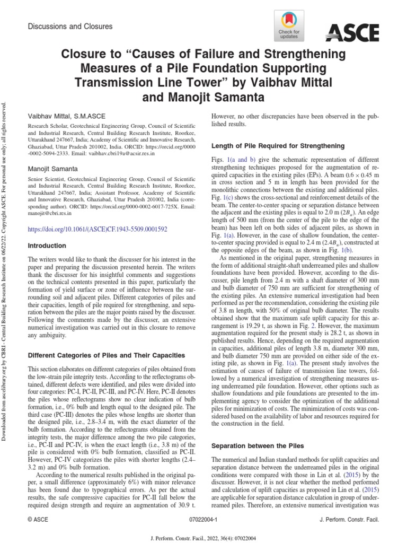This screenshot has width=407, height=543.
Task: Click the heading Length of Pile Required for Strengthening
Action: [x=278, y=145]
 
